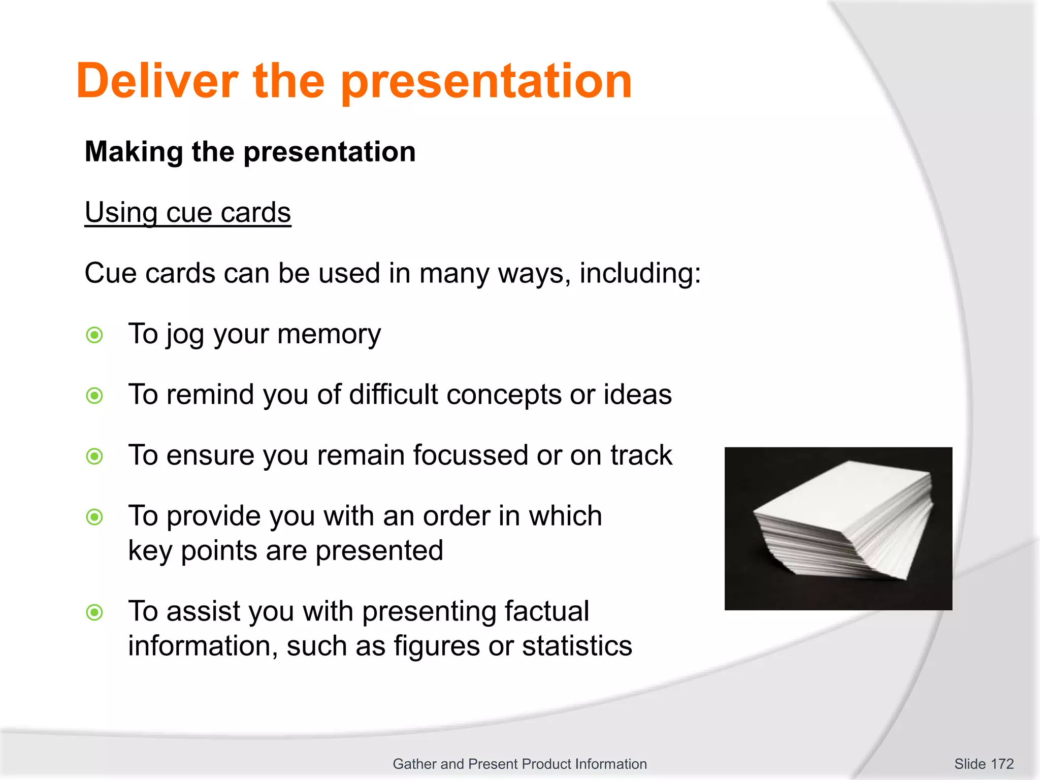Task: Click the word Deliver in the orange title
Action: point(157,81)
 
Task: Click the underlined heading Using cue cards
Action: point(187,212)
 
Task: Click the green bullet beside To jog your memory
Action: point(94,335)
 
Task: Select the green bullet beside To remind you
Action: point(94,396)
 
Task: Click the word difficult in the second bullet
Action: point(393,395)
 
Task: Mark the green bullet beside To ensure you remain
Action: point(94,456)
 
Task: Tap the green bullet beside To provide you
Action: point(94,517)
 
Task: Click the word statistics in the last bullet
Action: point(577,646)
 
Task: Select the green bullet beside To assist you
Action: point(94,612)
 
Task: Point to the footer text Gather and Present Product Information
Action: point(519,764)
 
